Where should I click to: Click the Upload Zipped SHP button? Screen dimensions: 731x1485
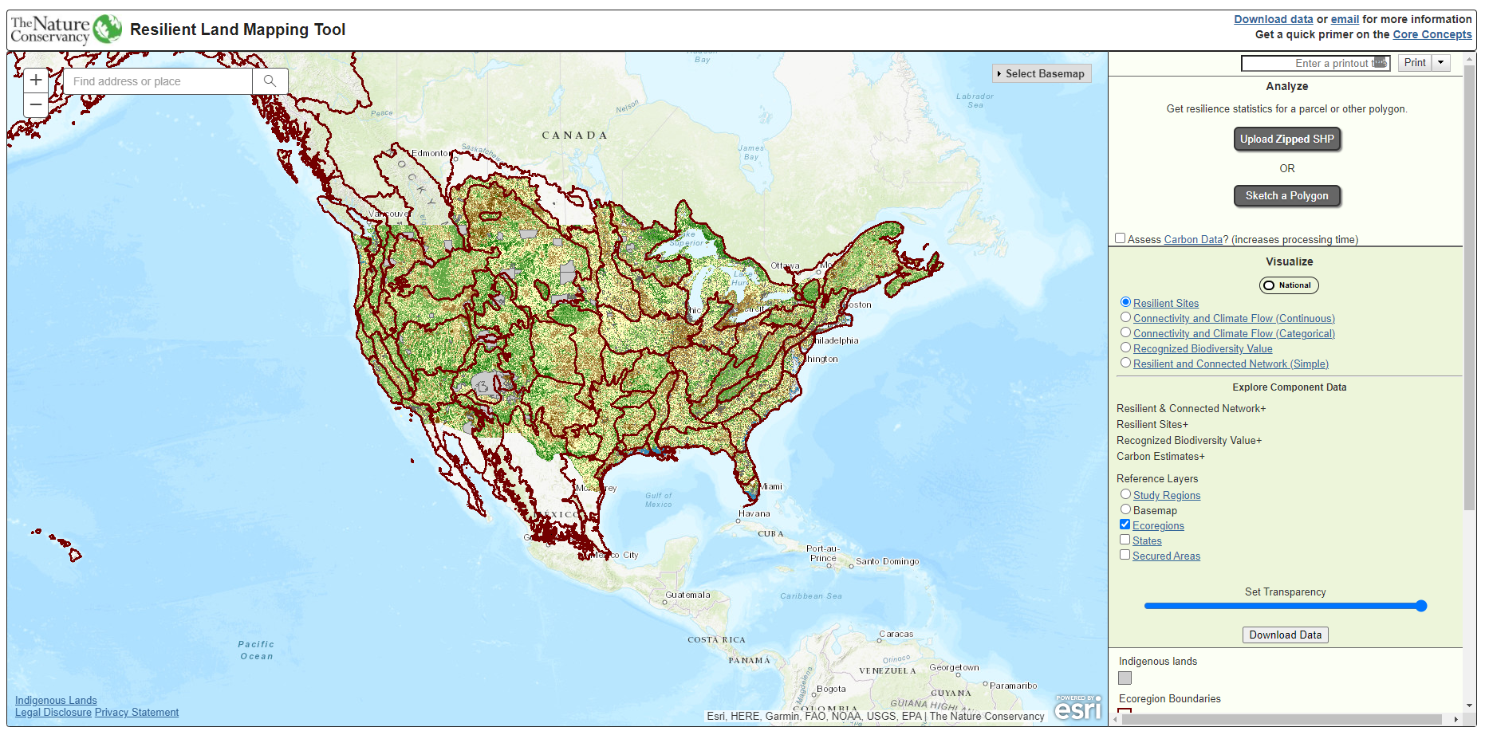click(x=1286, y=139)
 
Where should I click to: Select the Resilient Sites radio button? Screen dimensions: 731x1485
click(x=1125, y=302)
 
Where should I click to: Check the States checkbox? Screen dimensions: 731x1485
click(x=1125, y=540)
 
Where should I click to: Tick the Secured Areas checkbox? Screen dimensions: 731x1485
click(x=1125, y=555)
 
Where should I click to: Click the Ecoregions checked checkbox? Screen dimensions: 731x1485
click(x=1125, y=525)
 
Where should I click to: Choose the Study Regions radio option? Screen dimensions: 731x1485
click(x=1125, y=494)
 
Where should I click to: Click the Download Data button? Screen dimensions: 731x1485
click(x=1285, y=635)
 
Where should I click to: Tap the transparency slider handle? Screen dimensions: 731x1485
click(x=1420, y=606)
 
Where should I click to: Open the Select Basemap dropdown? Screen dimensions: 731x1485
click(x=1041, y=73)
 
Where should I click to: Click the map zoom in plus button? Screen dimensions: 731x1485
click(x=36, y=81)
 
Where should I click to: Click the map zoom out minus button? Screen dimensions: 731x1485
click(x=36, y=105)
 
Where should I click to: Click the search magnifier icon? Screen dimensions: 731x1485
click(x=270, y=81)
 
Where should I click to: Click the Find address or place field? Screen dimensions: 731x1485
click(x=160, y=81)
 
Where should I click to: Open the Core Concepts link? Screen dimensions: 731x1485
click(x=1432, y=34)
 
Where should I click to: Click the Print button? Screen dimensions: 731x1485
click(x=1415, y=63)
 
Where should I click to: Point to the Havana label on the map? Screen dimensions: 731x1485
click(x=754, y=513)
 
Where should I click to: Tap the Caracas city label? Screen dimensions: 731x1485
click(x=896, y=635)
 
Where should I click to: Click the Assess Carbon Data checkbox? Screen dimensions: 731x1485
click(x=1120, y=238)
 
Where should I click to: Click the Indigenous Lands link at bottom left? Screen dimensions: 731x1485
click(x=56, y=701)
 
